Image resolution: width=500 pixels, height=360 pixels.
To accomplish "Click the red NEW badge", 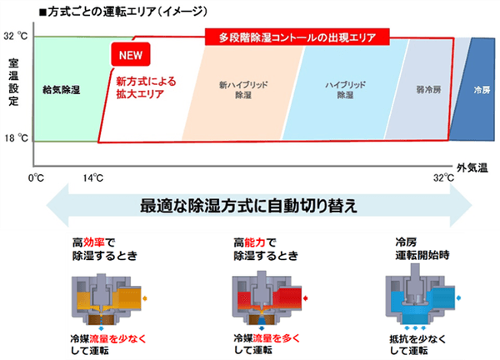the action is click(131, 55).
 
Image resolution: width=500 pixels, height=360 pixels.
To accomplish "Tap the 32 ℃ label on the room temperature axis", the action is click(16, 36).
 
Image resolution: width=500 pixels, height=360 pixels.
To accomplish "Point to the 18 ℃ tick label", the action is click(17, 138).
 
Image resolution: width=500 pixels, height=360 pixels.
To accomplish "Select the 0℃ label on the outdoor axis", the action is click(36, 177).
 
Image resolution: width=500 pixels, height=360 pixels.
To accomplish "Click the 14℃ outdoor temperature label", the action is click(93, 177).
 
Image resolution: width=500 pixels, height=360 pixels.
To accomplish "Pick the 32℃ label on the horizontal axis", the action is click(443, 177).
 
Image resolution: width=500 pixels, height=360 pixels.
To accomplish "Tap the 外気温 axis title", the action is click(472, 167).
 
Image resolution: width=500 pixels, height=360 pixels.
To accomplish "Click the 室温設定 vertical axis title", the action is click(13, 82).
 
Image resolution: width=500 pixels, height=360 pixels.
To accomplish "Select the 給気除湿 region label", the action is click(61, 90).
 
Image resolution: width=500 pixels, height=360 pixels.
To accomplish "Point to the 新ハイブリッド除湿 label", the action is click(243, 90).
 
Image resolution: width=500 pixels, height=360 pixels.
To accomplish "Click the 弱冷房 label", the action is click(428, 90).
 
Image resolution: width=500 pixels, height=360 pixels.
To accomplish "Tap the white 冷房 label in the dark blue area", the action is click(482, 90).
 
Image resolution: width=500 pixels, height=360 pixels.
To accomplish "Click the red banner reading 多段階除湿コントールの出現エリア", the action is click(297, 37).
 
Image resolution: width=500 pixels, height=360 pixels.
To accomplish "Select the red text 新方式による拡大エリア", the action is click(146, 87).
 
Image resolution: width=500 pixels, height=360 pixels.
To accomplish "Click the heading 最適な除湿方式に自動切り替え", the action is click(248, 206).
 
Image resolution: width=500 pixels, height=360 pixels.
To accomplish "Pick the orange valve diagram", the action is click(107, 300).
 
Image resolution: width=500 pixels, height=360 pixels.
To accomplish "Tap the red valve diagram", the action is click(267, 300).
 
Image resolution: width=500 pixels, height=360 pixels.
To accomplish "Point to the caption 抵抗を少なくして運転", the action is click(417, 345).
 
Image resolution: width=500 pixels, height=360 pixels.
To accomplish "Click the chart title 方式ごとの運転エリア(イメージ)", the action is click(123, 12).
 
